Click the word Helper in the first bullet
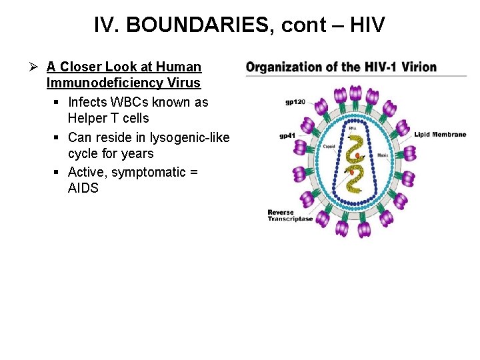(88, 119)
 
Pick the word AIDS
(83, 189)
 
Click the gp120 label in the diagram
(295, 102)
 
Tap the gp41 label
(287, 136)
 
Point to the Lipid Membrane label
(440, 135)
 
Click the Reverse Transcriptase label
(290, 216)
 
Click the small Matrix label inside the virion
(383, 155)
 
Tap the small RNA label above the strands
(353, 128)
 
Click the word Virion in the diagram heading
(419, 67)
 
